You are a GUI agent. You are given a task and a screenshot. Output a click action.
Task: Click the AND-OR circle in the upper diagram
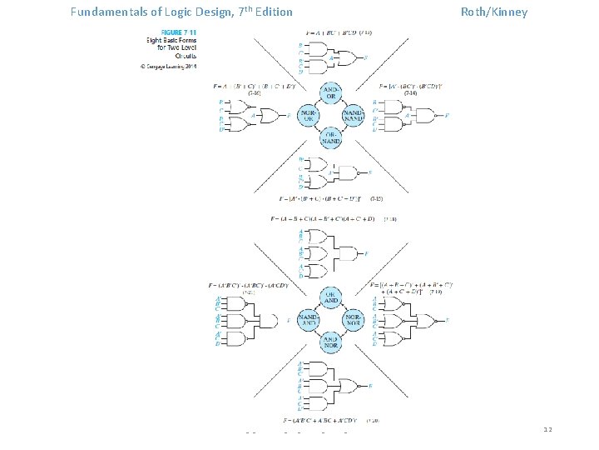point(330,92)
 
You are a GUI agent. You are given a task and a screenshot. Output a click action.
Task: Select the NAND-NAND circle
point(354,115)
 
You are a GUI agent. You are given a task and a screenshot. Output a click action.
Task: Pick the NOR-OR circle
point(308,115)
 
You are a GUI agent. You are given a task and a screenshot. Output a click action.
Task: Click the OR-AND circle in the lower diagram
point(330,297)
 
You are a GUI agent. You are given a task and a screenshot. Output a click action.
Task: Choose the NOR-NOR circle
point(354,319)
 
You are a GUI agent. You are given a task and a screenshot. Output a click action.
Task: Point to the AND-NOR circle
point(330,342)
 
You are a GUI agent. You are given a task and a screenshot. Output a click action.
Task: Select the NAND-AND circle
point(307,319)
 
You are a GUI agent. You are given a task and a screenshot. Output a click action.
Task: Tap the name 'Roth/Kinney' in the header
point(494,12)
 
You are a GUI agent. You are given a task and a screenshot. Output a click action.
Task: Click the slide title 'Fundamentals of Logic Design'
point(181,12)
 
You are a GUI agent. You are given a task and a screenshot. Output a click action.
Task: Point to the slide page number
point(547,430)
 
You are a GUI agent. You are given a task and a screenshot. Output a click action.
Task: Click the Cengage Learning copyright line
point(167,65)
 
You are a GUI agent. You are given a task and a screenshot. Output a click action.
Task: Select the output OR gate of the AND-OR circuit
point(353,58)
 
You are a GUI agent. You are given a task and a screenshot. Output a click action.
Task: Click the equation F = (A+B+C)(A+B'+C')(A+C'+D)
point(333,218)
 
